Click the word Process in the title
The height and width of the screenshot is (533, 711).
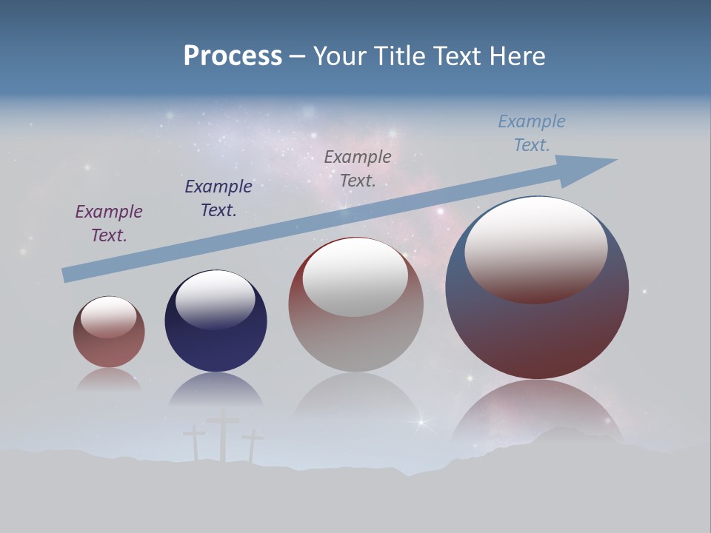click(x=233, y=56)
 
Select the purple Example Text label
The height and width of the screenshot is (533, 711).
click(x=109, y=224)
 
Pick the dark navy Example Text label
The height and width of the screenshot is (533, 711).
click(x=218, y=198)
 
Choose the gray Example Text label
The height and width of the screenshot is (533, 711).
click(x=358, y=168)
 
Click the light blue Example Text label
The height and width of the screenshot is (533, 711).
click(x=532, y=133)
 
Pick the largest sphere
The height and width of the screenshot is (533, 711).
click(x=537, y=326)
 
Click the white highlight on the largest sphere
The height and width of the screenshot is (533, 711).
click(x=536, y=248)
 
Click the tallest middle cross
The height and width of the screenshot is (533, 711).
click(x=223, y=437)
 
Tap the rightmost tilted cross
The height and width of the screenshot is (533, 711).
click(x=253, y=445)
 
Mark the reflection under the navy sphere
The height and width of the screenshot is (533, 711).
click(x=216, y=390)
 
